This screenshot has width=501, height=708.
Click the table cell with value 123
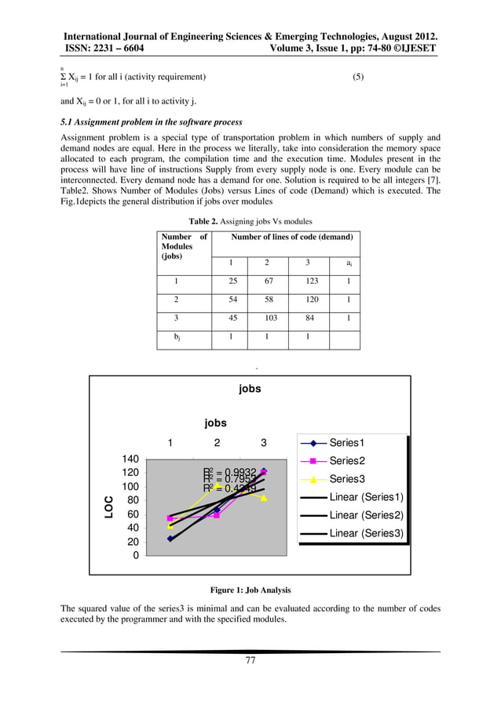307,280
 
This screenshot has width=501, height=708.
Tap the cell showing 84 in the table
307,318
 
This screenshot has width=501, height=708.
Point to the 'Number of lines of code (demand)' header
291,236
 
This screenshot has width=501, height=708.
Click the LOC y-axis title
108,506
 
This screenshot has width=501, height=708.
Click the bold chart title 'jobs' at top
250,388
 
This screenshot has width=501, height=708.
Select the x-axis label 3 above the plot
263,443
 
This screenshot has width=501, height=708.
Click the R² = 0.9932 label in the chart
229,471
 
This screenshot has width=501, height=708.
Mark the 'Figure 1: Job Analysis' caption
250,590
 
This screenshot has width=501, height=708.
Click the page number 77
251,660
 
